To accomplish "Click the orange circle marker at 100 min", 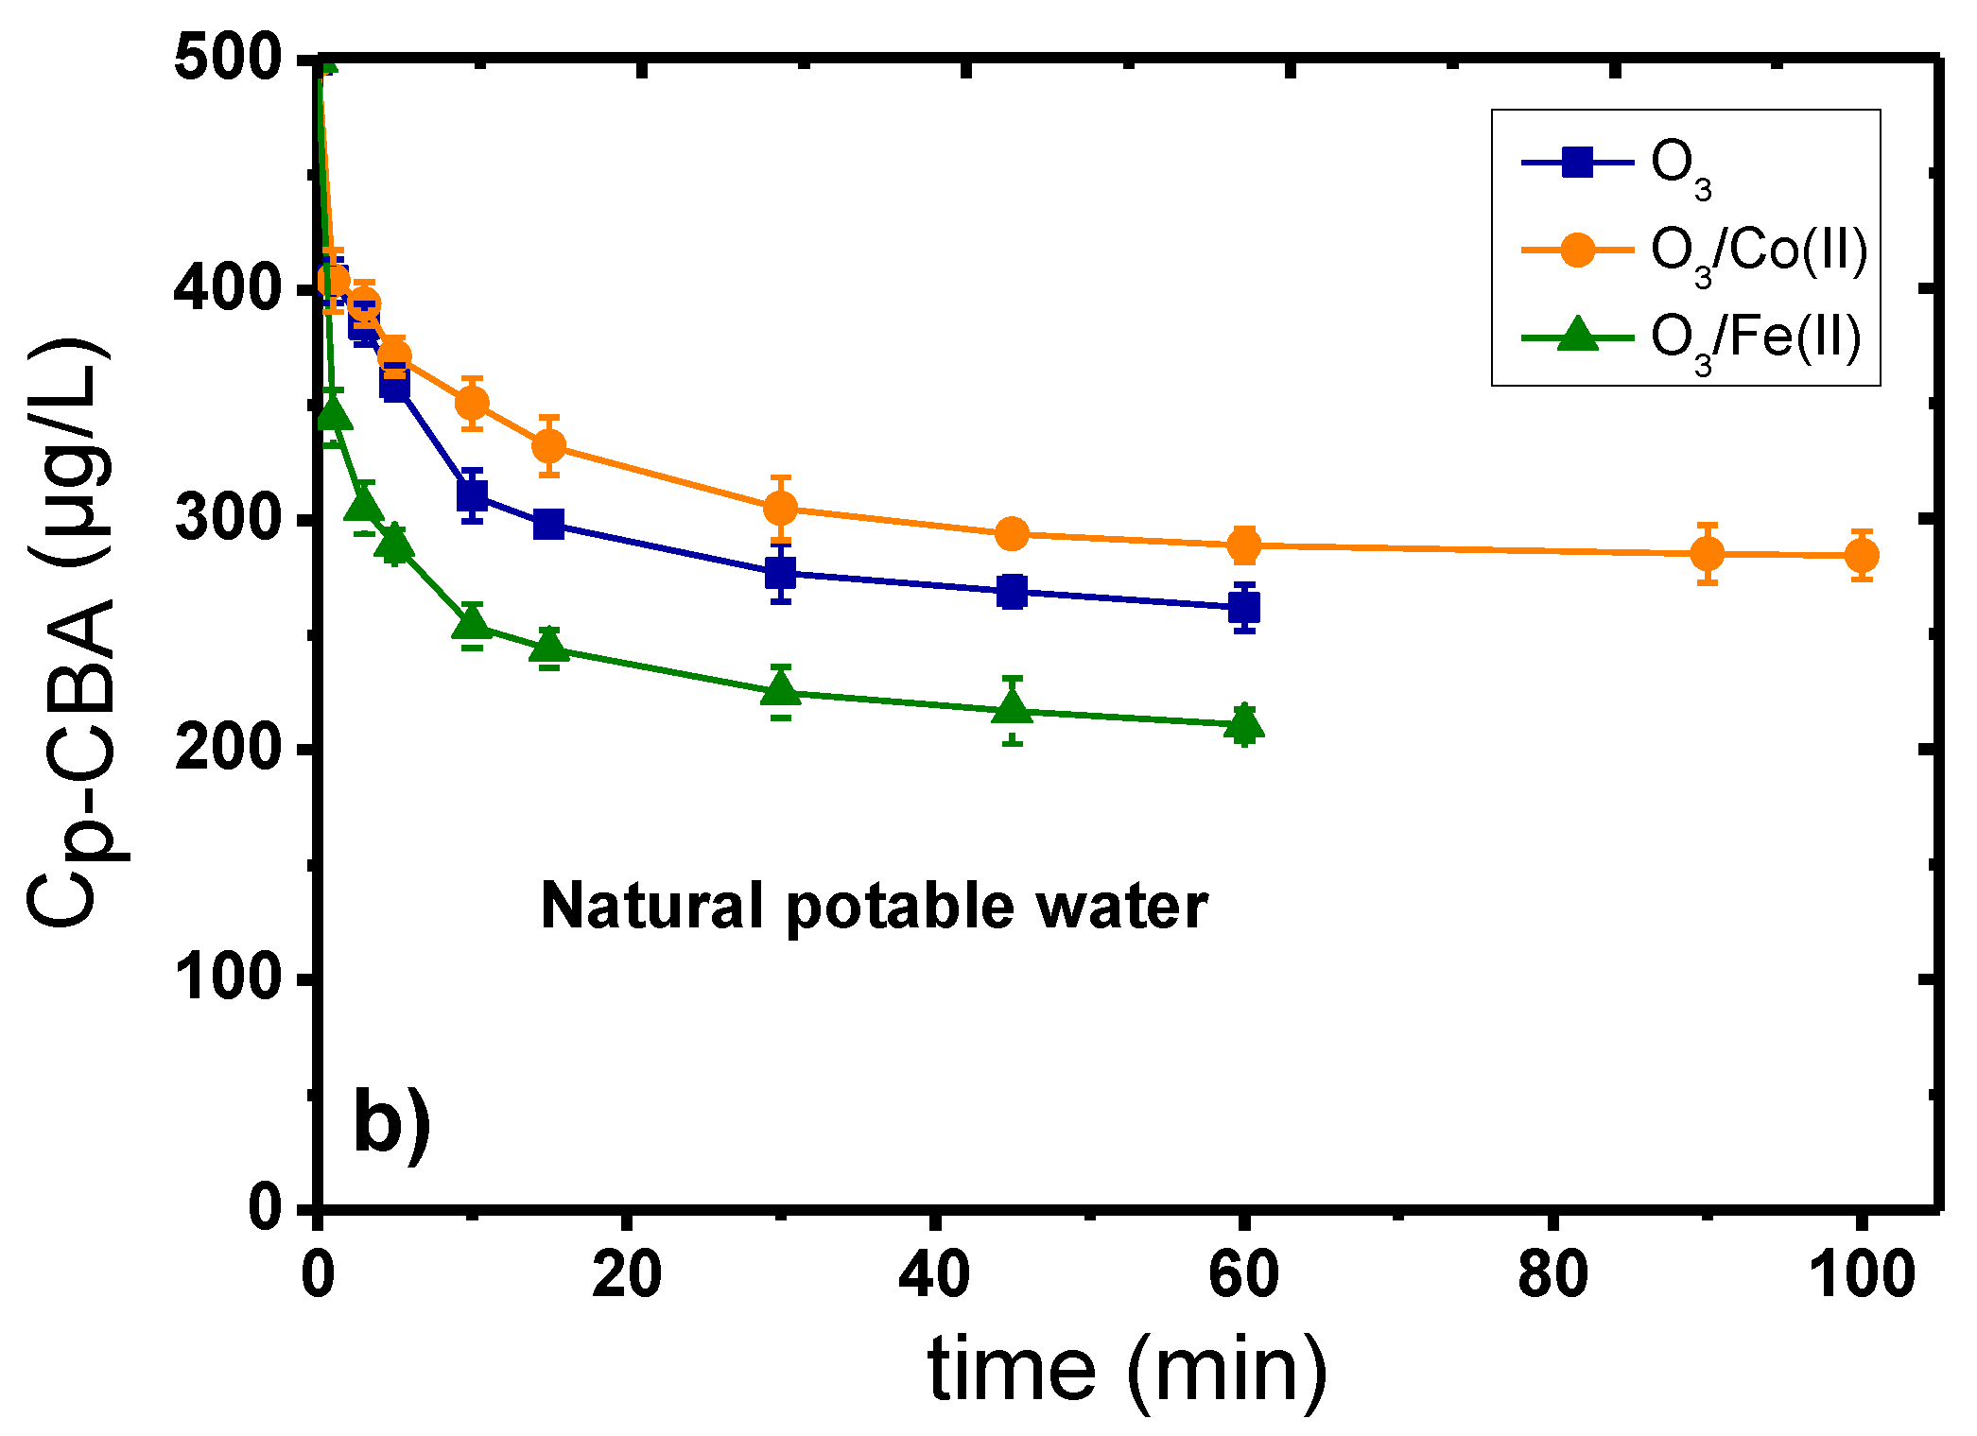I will click(1861, 555).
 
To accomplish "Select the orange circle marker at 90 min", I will click(1707, 553).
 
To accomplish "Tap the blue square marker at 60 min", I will click(1244, 608).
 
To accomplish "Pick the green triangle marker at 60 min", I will click(1244, 724).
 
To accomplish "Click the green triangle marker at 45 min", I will click(1013, 708).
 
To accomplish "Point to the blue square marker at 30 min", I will click(780, 572).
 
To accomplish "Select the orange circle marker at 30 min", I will click(780, 509).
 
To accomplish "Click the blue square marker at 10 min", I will click(473, 494).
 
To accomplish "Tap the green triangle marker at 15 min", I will click(549, 647).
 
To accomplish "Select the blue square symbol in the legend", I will click(1577, 163).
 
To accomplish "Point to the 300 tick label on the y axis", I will click(228, 519).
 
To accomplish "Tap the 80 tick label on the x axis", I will click(1552, 1273).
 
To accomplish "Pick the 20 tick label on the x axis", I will click(626, 1273).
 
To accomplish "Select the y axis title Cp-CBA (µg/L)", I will click(71, 633).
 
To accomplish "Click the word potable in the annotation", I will click(899, 907).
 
